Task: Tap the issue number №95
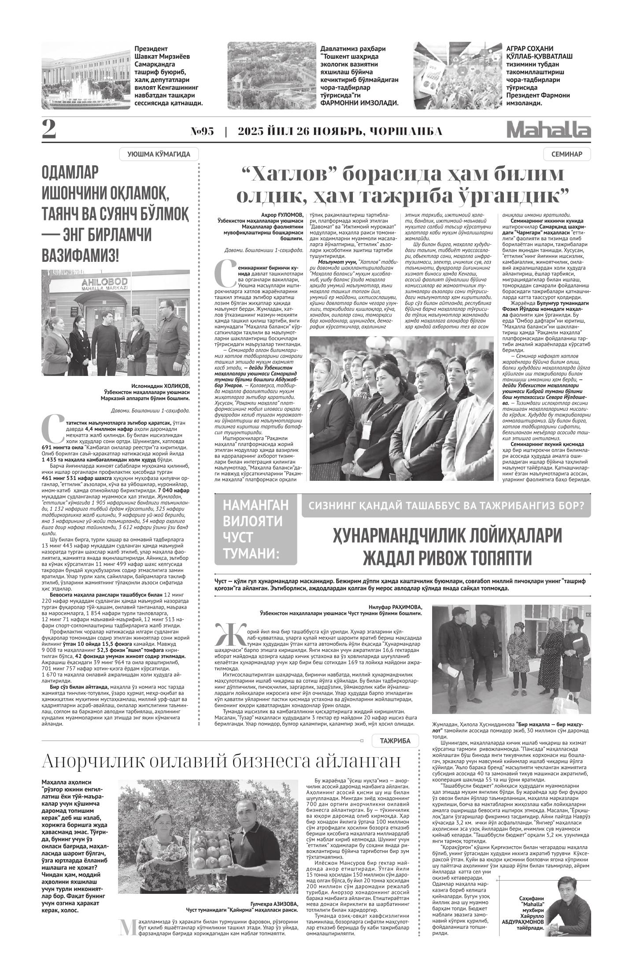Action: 202,131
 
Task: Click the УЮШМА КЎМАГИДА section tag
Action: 159,154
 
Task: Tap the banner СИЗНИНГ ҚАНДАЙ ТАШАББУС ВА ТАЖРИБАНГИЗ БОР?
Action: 446,506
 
